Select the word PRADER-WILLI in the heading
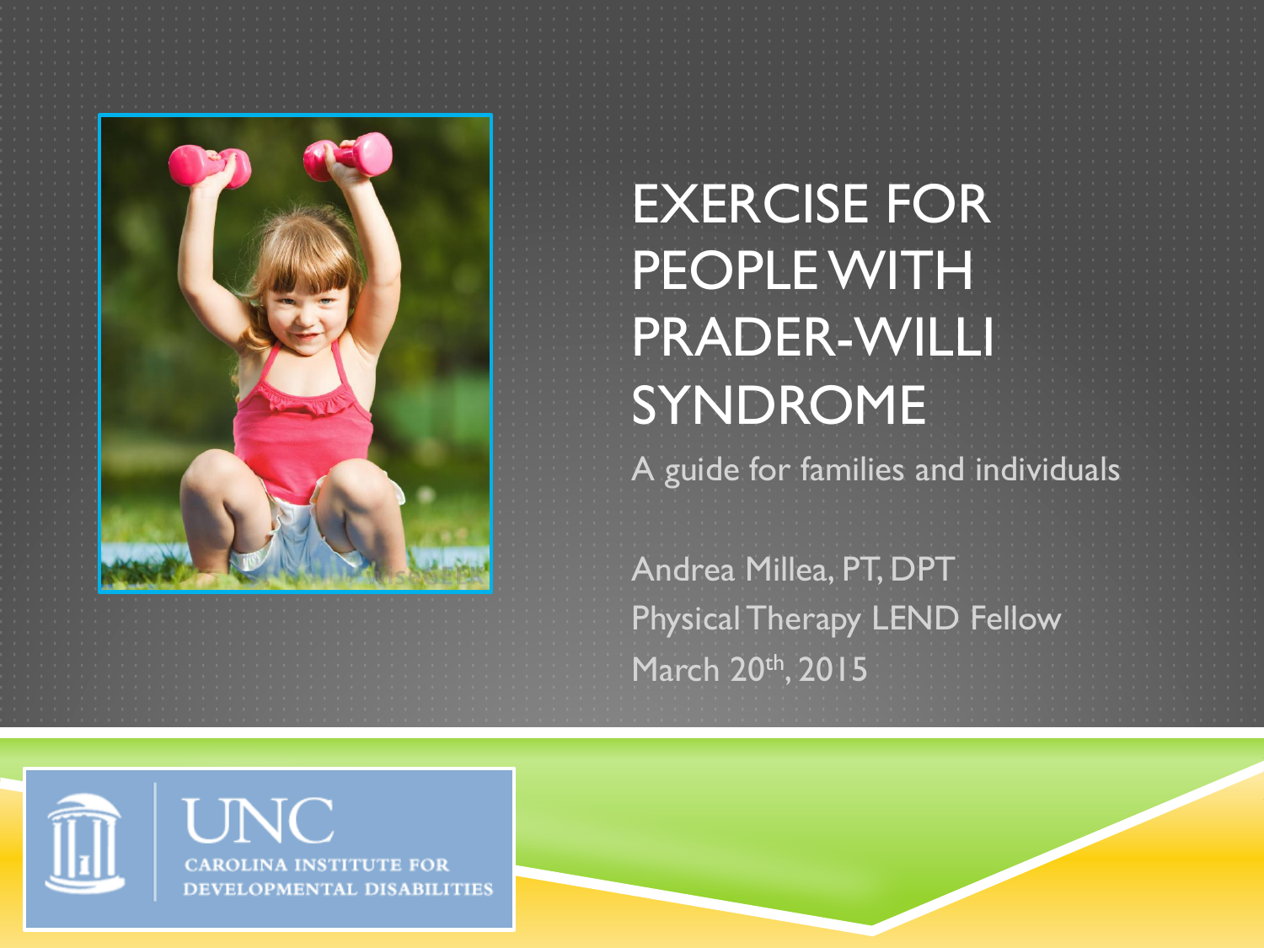click(813, 337)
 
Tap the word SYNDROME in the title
click(779, 404)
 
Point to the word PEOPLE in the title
click(725, 270)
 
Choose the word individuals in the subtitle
click(1047, 469)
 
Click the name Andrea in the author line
click(683, 570)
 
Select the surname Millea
click(789, 570)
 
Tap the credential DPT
click(923, 570)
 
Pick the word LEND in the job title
click(915, 619)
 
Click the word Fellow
click(1015, 619)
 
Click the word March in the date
click(676, 669)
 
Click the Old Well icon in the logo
click(85, 843)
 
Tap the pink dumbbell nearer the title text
click(348, 155)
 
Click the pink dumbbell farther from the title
click(210, 166)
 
